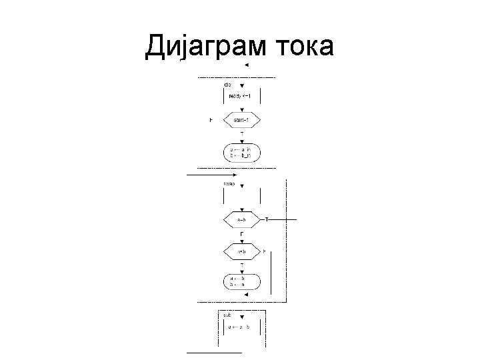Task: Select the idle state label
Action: click(227, 85)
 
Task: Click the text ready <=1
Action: click(240, 96)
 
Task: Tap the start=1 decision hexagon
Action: click(241, 120)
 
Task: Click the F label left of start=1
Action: click(211, 120)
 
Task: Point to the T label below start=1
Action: click(241, 135)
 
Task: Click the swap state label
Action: click(229, 183)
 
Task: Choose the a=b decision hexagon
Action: click(241, 219)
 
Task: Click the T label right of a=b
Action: click(267, 219)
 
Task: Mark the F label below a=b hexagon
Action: click(241, 234)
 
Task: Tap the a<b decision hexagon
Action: click(241, 251)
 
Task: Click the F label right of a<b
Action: click(264, 251)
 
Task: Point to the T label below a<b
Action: click(241, 266)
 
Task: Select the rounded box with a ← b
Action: click(241, 281)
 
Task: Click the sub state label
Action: click(227, 313)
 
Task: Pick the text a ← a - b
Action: click(239, 327)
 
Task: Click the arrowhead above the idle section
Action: click(246, 65)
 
